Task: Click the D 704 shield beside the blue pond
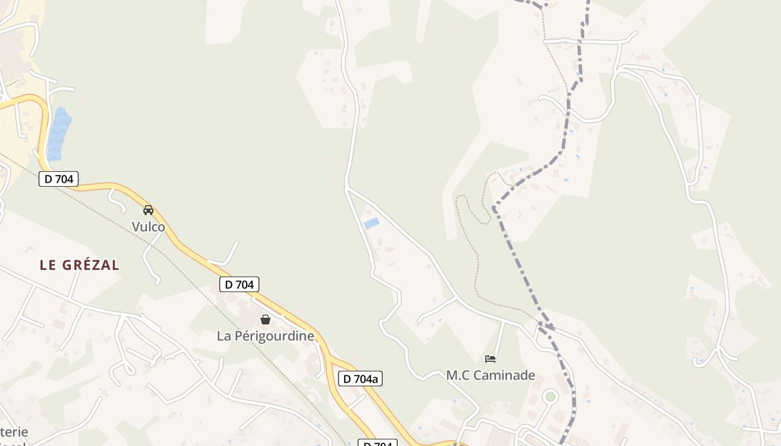59,179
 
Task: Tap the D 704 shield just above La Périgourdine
239,284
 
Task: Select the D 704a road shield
360,379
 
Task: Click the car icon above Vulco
148,210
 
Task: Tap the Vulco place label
148,227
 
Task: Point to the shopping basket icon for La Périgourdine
266,319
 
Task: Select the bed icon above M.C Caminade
490,358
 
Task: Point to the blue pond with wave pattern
59,134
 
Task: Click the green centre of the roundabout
551,396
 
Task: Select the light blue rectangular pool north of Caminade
372,223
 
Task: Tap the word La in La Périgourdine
224,336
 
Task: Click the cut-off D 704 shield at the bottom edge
377,443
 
